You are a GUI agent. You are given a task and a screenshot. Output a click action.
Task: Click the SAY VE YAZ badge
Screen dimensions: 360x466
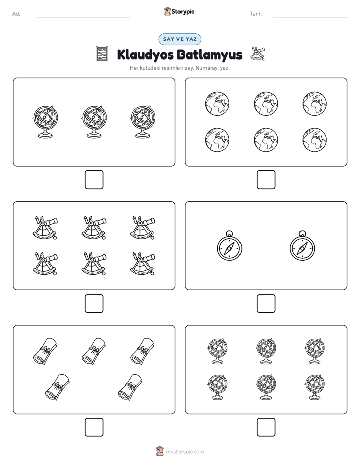pyautogui.click(x=179, y=39)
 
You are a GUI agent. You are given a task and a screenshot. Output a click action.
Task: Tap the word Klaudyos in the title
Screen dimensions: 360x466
pyautogui.click(x=146, y=55)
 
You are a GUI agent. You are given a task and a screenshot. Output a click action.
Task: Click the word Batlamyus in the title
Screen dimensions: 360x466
pyautogui.click(x=210, y=55)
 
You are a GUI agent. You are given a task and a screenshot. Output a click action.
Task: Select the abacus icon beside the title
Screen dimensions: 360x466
pyautogui.click(x=102, y=54)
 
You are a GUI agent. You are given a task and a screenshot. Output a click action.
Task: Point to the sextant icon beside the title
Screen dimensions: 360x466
pyautogui.click(x=257, y=53)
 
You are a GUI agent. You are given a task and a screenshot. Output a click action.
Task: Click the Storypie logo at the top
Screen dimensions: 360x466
pyautogui.click(x=179, y=11)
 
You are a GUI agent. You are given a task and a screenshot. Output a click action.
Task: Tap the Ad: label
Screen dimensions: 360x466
pyautogui.click(x=16, y=14)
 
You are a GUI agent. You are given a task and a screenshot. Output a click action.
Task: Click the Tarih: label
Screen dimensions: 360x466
pyautogui.click(x=256, y=14)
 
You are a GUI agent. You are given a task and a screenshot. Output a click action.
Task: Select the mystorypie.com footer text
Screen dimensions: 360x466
pyautogui.click(x=185, y=452)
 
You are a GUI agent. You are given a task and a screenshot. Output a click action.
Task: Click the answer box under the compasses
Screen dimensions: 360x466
pyautogui.click(x=266, y=304)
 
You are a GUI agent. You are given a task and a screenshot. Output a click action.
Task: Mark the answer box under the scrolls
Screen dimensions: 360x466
pyautogui.click(x=94, y=427)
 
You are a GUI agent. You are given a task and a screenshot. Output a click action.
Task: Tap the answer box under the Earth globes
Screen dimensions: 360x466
pyautogui.click(x=266, y=180)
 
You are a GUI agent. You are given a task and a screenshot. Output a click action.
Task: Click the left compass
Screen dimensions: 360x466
pyautogui.click(x=229, y=246)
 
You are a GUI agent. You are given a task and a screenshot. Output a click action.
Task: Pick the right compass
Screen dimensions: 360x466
pyautogui.click(x=303, y=246)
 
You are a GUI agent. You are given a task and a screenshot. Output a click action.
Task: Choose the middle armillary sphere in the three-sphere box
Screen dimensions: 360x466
pyautogui.click(x=94, y=122)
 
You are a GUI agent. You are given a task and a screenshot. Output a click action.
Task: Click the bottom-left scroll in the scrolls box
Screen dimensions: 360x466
pyautogui.click(x=57, y=387)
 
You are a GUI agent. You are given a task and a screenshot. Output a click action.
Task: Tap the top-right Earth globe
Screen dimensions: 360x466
pyautogui.click(x=315, y=104)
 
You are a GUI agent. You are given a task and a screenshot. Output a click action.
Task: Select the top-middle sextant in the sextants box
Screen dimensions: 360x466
pyautogui.click(x=94, y=227)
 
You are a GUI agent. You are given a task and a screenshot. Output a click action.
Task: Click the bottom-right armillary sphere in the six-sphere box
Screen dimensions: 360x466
pyautogui.click(x=315, y=387)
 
